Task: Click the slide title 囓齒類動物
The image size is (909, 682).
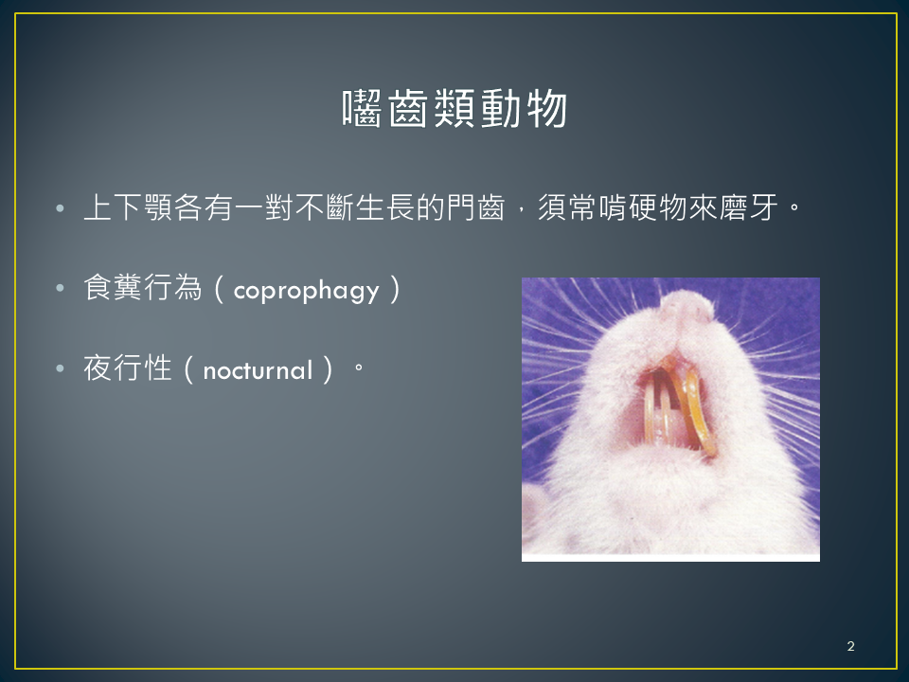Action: pos(454,108)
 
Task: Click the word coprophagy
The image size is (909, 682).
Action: pos(306,291)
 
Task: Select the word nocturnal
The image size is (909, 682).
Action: pos(258,370)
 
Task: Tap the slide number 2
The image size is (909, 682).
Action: pos(850,646)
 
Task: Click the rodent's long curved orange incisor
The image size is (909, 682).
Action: pos(699,412)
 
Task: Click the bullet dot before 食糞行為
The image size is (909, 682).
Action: pos(61,288)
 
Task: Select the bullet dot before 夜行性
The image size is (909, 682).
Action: pos(61,368)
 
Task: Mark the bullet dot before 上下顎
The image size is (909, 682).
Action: pos(61,207)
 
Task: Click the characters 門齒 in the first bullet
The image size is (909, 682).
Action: pos(475,207)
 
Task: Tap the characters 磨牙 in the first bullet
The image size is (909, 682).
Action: pos(748,207)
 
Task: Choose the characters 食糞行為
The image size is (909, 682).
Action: pos(143,287)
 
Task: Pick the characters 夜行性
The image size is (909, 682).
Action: pos(128,368)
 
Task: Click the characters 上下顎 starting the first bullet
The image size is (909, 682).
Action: pos(128,207)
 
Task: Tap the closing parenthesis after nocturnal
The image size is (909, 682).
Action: pos(329,368)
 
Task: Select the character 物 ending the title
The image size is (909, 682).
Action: pos(547,108)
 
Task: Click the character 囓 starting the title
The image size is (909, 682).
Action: pos(362,108)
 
